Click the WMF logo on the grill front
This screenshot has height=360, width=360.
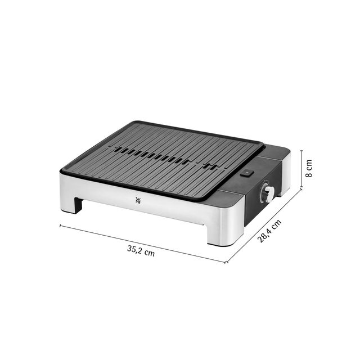pos(138,200)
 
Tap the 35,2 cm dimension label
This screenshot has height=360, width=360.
pos(141,251)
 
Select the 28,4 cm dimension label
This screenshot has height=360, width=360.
pos(269,231)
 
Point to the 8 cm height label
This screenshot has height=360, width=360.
pos(309,168)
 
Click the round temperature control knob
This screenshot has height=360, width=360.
pos(268,191)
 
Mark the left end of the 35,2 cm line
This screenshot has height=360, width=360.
pos(60,226)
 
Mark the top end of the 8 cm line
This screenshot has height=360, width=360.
pos(301,151)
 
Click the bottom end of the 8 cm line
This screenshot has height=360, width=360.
pos(301,187)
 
